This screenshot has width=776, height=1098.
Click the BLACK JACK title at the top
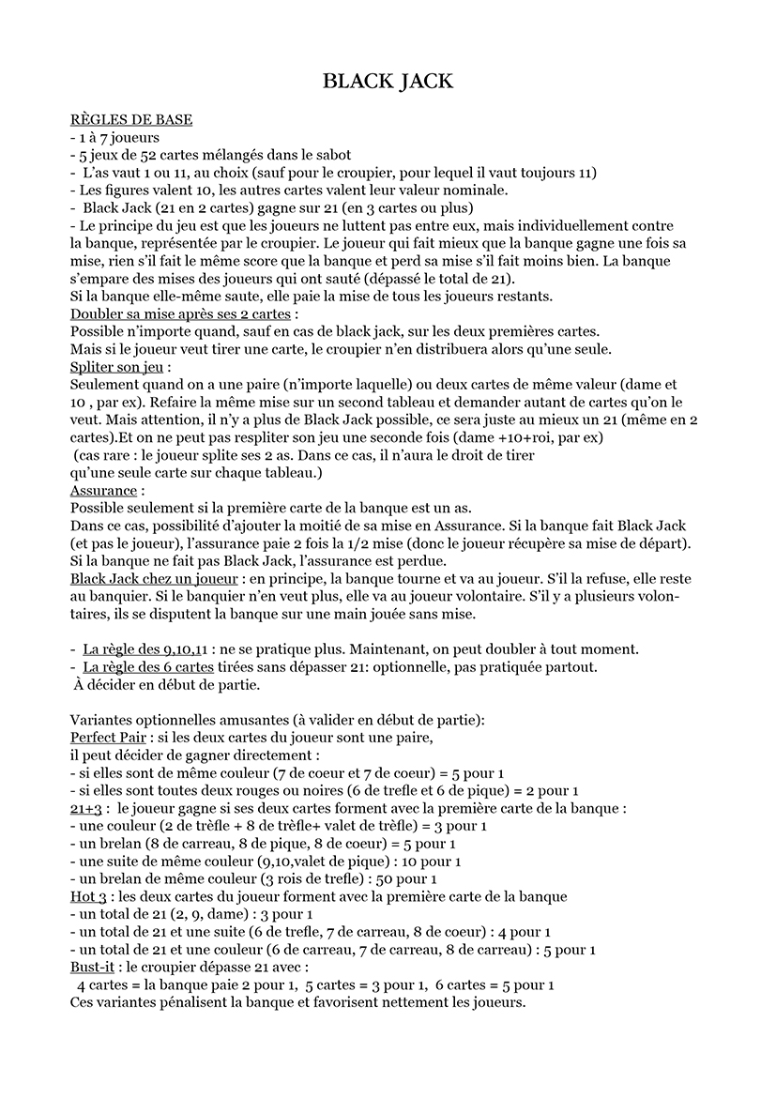tap(388, 82)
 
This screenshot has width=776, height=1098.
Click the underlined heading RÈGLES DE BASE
tap(131, 120)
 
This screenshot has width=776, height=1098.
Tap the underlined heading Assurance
tap(104, 491)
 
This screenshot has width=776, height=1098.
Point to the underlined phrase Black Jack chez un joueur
tap(154, 579)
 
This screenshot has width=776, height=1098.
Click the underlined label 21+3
tap(85, 808)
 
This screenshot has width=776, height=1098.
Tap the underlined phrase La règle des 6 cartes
tap(148, 667)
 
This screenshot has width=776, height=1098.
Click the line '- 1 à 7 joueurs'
tap(114, 138)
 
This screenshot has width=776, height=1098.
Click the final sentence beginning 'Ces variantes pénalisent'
tap(297, 1002)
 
